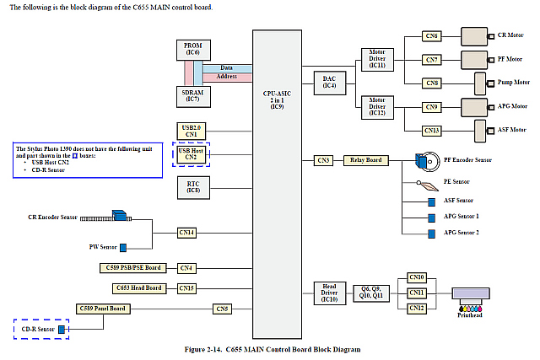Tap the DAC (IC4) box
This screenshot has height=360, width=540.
(329, 82)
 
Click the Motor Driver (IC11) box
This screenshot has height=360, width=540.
(376, 59)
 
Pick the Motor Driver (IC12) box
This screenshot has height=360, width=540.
(376, 106)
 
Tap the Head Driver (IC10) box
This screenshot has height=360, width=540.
(329, 292)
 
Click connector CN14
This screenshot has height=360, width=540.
(186, 232)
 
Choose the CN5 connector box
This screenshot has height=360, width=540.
(222, 309)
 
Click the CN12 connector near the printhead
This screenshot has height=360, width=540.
(417, 309)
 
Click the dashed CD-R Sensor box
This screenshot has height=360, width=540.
(40, 328)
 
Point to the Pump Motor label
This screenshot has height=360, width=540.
(510, 83)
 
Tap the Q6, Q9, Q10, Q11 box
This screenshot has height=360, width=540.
(372, 292)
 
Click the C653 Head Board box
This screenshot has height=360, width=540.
(136, 288)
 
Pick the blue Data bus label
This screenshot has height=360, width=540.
(227, 67)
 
